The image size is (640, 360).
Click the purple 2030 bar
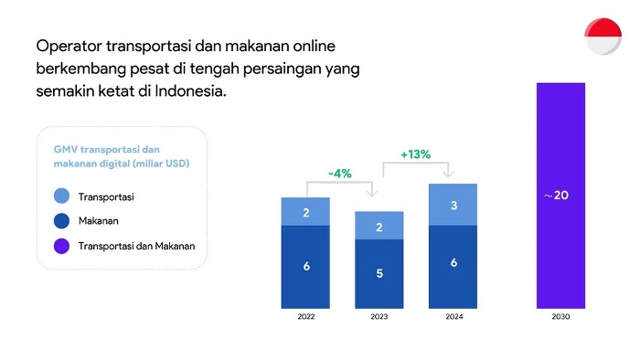tap(560, 196)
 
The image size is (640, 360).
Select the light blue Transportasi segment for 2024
tap(453, 205)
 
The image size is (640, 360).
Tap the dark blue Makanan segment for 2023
tap(379, 274)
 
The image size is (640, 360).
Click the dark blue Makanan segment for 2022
tap(305, 267)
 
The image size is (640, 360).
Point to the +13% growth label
tap(415, 154)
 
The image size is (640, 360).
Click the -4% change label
tap(339, 174)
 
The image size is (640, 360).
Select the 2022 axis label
tap(306, 316)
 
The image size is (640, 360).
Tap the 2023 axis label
tap(379, 316)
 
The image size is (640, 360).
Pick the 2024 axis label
tap(454, 316)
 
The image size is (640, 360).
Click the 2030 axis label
tap(560, 316)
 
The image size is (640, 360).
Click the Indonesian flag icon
tap(603, 37)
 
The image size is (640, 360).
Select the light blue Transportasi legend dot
tap(61, 196)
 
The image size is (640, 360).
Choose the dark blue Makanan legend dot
tap(61, 221)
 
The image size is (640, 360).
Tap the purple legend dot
tap(61, 247)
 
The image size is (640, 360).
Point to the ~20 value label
tap(556, 196)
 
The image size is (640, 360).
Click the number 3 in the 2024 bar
tap(453, 206)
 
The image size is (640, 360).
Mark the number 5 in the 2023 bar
tap(379, 273)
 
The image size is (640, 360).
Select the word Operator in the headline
tap(69, 47)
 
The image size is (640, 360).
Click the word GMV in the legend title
tap(65, 149)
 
